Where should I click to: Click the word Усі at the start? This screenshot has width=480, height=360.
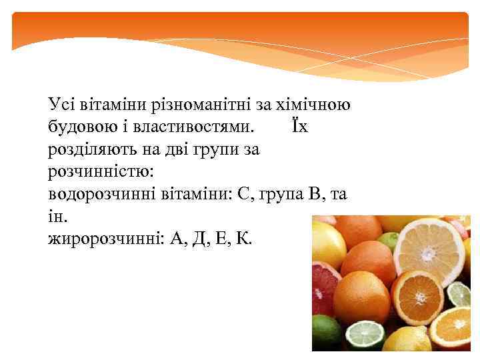tap(61, 104)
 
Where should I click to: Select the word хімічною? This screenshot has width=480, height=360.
tap(315, 104)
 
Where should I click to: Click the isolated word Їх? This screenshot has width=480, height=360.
tap(299, 127)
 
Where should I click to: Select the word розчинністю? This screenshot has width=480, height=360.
tap(101, 172)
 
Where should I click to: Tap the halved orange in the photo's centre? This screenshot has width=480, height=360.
tap(418, 296)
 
